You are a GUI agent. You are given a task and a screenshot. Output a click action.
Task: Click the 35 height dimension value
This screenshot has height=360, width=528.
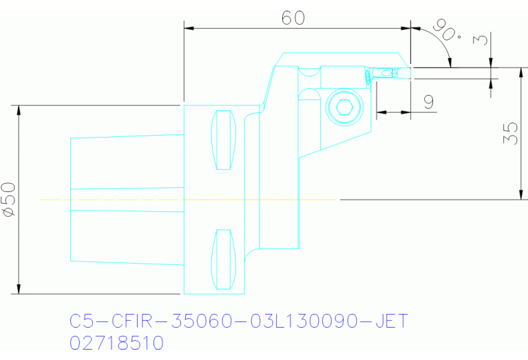point(510,133)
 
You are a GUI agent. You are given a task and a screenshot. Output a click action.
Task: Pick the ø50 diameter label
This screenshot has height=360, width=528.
point(9,200)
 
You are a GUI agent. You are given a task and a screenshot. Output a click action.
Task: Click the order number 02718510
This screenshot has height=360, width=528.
point(116,343)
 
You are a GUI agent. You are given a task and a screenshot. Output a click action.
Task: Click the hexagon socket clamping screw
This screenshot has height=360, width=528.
point(344,107)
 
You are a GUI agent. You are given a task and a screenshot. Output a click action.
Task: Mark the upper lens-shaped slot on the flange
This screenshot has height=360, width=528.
point(222,140)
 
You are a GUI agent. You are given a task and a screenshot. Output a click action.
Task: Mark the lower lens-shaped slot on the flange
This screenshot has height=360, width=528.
point(222,260)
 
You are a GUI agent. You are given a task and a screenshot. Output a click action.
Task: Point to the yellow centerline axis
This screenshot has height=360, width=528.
point(186,200)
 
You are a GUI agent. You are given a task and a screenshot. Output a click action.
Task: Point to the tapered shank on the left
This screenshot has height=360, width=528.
point(124,200)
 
